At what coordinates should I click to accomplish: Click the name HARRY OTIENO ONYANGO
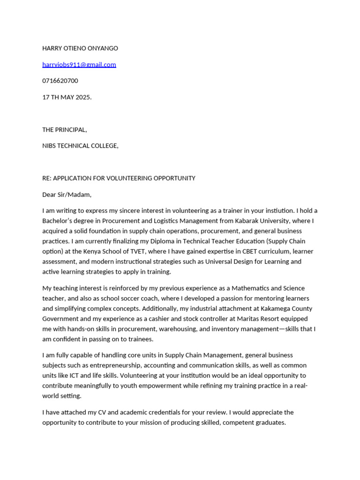[80, 48]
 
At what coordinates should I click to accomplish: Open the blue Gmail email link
[79, 65]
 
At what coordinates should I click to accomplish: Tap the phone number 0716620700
[60, 81]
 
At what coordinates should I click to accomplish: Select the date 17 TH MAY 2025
[67, 97]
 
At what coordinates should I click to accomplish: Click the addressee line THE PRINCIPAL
[64, 129]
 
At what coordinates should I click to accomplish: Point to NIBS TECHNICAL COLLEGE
[80, 146]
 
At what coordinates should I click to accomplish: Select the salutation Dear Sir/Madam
[67, 195]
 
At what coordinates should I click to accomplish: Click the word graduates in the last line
[269, 422]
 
